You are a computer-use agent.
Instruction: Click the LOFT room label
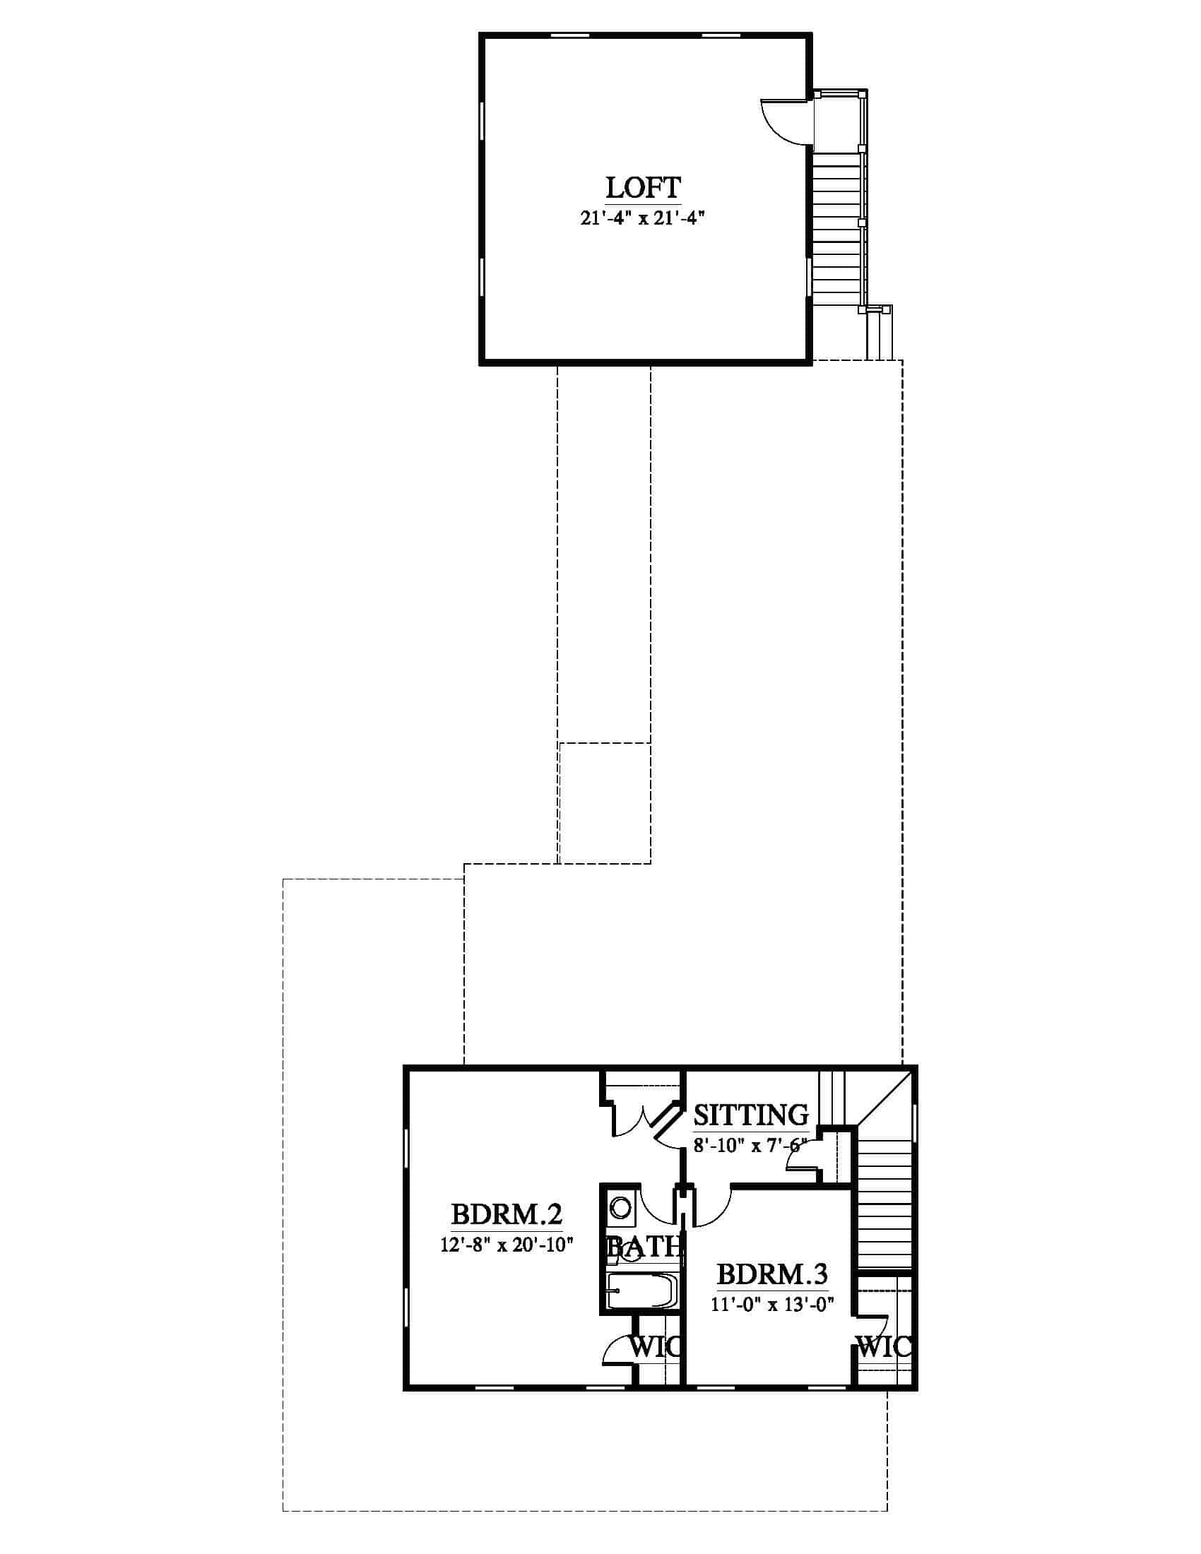(x=643, y=188)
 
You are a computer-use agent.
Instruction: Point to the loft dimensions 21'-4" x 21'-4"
(x=641, y=218)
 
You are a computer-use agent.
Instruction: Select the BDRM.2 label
(x=507, y=1213)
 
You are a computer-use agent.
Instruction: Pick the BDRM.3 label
(x=772, y=1274)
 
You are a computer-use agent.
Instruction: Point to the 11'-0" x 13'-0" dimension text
(x=772, y=1304)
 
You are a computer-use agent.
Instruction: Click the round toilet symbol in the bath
(x=621, y=1209)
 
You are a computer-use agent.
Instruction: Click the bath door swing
(x=658, y=1205)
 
